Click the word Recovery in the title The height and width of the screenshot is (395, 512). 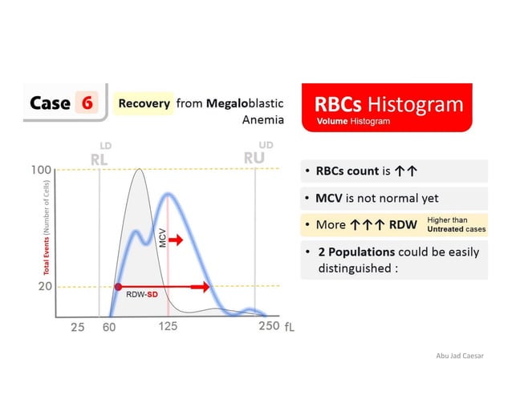pos(145,103)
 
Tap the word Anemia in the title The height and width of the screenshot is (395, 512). pos(262,120)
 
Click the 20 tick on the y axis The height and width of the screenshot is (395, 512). pos(44,286)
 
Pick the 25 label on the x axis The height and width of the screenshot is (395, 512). pos(76,327)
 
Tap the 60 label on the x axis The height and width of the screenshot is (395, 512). pos(109,327)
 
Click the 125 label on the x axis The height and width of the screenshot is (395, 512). pos(168,326)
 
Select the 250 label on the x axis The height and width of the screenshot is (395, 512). pos(268,326)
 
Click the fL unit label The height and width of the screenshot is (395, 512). pos(290,328)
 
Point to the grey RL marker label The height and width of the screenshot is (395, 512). pos(99,158)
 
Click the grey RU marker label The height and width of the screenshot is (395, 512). pos(254,156)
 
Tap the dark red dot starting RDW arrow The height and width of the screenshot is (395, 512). pos(118,286)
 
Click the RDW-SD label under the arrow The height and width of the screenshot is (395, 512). pos(140,295)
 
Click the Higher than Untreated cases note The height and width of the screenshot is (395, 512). pos(456,224)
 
